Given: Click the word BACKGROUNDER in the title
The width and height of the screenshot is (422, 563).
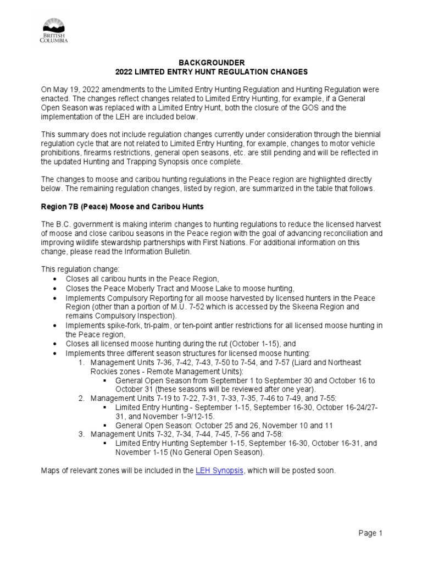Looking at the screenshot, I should coord(211,63).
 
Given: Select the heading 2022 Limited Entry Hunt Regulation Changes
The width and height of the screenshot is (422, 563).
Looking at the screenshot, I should coord(211,72).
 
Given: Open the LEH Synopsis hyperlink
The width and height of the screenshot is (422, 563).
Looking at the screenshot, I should coord(219,471).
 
